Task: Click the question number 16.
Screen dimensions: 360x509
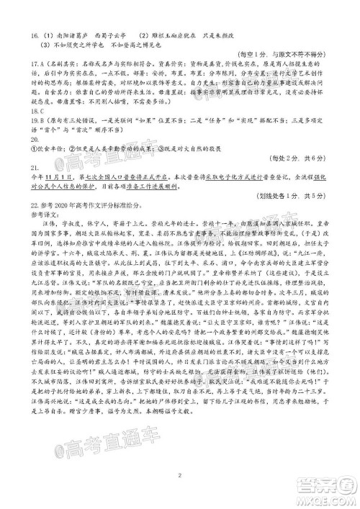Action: click(x=17, y=34)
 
